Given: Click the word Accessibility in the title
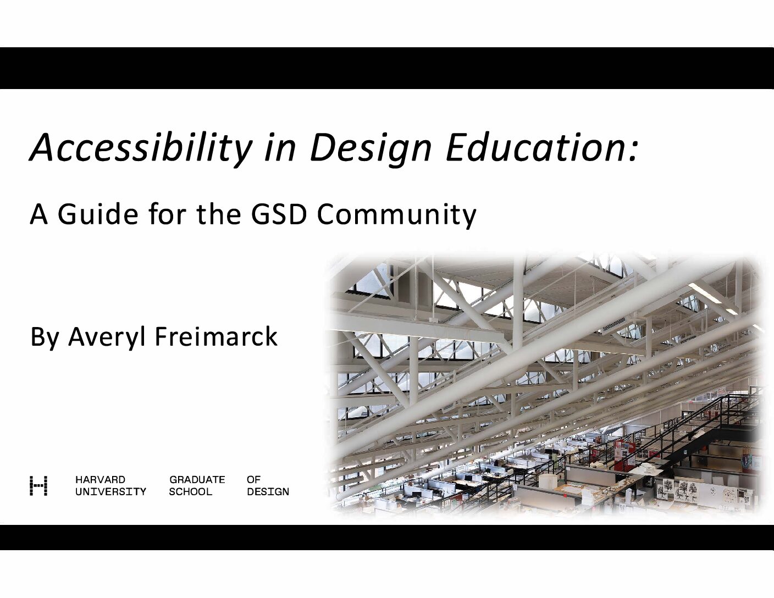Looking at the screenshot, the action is [141, 147].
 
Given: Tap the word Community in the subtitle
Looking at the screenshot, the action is [397, 215].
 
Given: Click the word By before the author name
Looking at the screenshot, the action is [45, 337].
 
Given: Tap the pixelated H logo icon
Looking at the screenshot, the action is [38, 486].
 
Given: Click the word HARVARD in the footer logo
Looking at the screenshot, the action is [100, 480].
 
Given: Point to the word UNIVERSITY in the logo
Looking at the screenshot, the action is [111, 492].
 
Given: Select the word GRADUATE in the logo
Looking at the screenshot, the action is [197, 480].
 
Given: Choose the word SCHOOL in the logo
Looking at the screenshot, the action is [191, 492].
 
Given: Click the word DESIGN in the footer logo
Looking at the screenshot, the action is [268, 492].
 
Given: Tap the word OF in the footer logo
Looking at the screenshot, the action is [253, 480].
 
